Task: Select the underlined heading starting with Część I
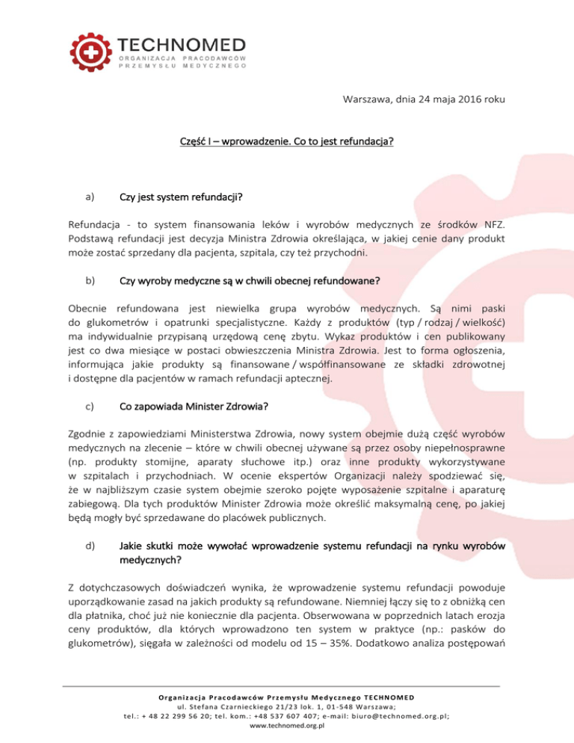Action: (287, 143)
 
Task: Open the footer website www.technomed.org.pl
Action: (287, 724)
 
